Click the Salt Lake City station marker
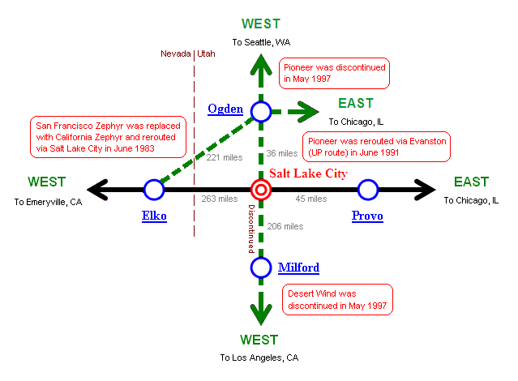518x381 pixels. [x=261, y=190]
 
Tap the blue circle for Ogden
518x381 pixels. [x=261, y=112]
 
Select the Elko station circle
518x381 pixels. [x=154, y=190]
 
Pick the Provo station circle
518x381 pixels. [x=368, y=190]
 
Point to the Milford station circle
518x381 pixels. [x=261, y=268]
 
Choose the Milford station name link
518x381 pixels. [x=298, y=268]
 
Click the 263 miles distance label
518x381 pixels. [x=219, y=199]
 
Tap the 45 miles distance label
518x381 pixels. [x=310, y=199]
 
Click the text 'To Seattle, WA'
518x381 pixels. [x=261, y=42]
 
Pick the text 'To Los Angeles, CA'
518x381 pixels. [x=259, y=357]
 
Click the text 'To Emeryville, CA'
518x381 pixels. [x=49, y=201]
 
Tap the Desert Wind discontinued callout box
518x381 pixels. [x=336, y=300]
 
